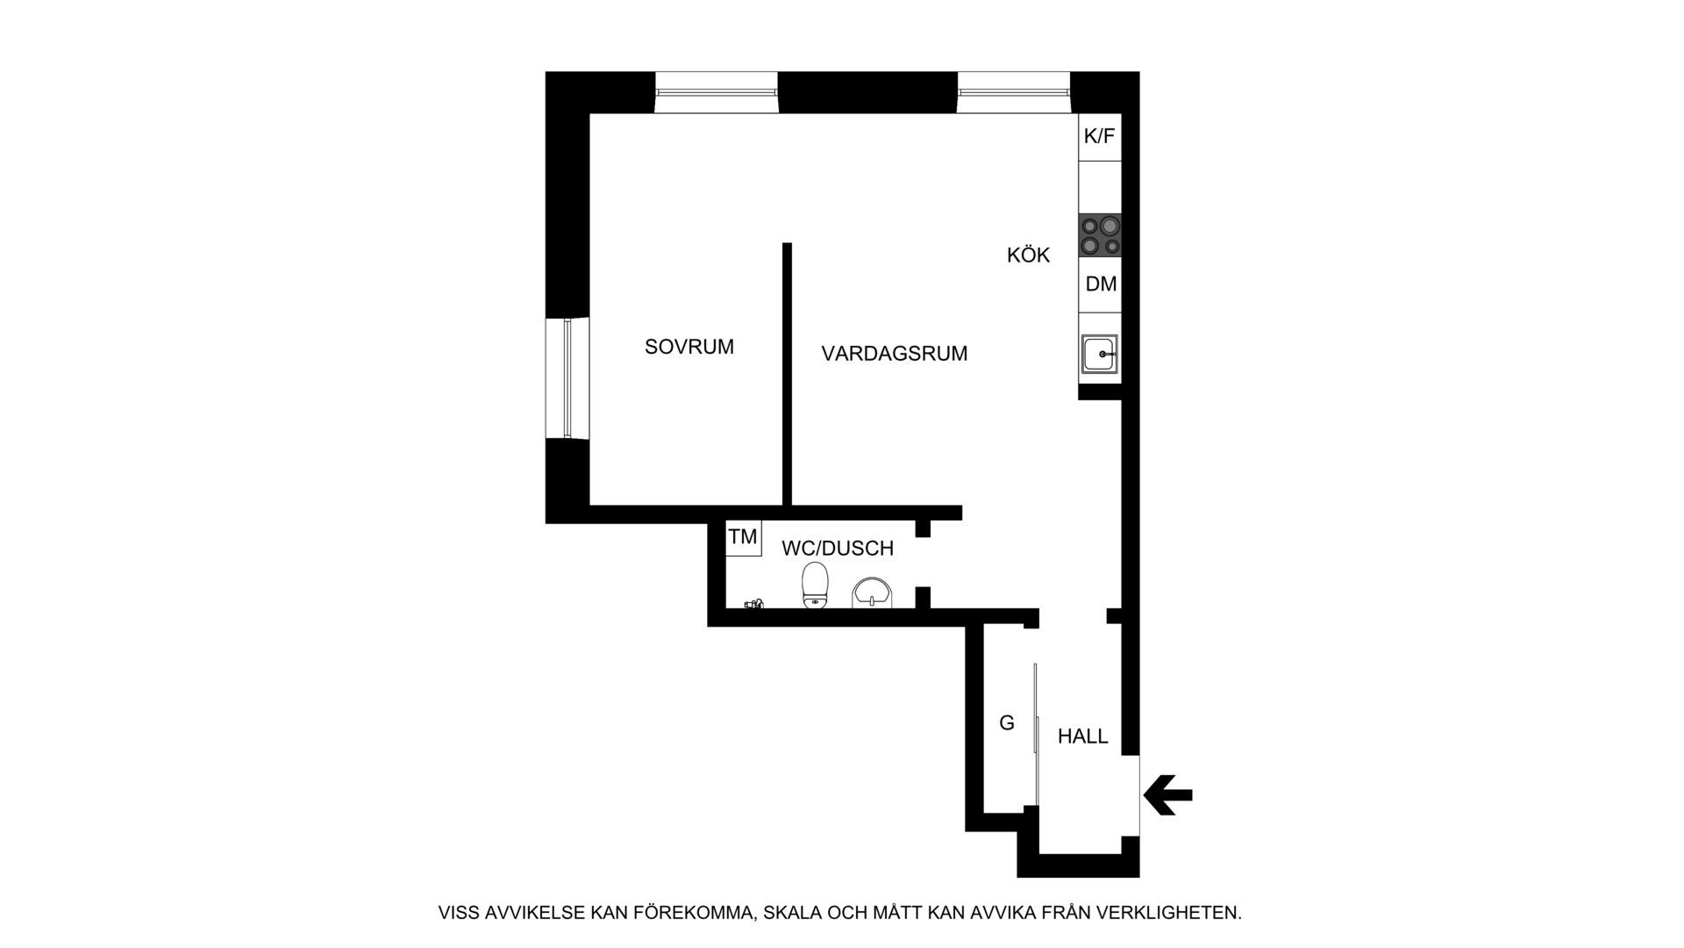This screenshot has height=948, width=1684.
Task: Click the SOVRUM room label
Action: point(689,347)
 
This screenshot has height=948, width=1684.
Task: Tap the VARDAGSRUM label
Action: point(895,354)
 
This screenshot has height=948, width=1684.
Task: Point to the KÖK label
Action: point(1028,255)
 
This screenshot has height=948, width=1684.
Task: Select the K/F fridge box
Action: point(1100,137)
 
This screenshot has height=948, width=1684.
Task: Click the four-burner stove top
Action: point(1100,236)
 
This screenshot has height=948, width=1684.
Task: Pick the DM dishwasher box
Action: point(1100,284)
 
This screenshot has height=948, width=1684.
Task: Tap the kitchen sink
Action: point(1100,354)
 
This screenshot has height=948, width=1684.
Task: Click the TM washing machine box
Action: point(744,537)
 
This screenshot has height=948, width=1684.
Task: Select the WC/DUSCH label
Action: point(838,549)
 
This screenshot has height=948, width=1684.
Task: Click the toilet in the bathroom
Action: point(816,585)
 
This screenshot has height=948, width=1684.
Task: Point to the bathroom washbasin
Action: point(873,593)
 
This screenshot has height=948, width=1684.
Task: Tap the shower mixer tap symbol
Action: point(754,604)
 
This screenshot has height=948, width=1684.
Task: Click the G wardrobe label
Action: point(1007,723)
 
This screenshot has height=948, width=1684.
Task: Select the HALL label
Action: point(1083,736)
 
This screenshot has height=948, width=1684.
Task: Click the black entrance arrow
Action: point(1168,795)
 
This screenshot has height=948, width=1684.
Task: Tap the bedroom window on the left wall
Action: point(567,378)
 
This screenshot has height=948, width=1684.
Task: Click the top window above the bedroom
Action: point(717,92)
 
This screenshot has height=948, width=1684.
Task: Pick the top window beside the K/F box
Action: point(1014,92)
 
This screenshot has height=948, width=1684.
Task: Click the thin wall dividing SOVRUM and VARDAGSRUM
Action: point(788,374)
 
